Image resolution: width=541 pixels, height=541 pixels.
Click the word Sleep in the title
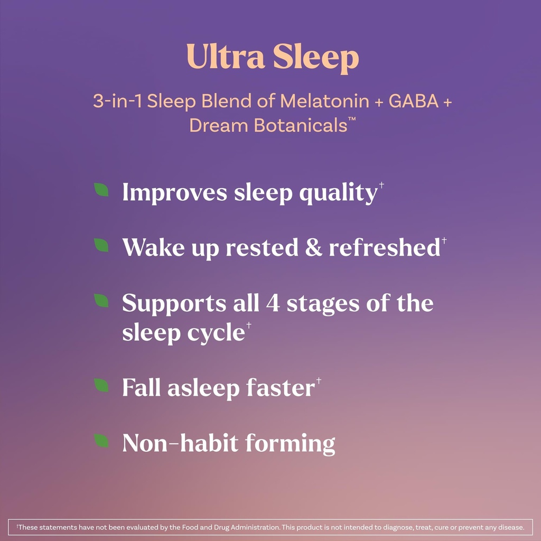[315, 58]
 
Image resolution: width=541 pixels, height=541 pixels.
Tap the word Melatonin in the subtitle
[325, 101]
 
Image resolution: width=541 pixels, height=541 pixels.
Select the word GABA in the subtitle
[414, 101]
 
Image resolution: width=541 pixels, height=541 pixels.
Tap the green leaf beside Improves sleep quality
[101, 190]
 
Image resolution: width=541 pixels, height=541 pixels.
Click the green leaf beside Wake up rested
[101, 245]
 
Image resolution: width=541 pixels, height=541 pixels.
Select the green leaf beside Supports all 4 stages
[101, 301]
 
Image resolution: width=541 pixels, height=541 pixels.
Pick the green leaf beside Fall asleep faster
[101, 386]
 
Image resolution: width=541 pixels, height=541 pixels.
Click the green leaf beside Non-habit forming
[101, 441]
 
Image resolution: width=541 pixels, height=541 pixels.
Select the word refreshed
[384, 248]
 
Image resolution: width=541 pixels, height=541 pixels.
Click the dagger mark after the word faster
[319, 380]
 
